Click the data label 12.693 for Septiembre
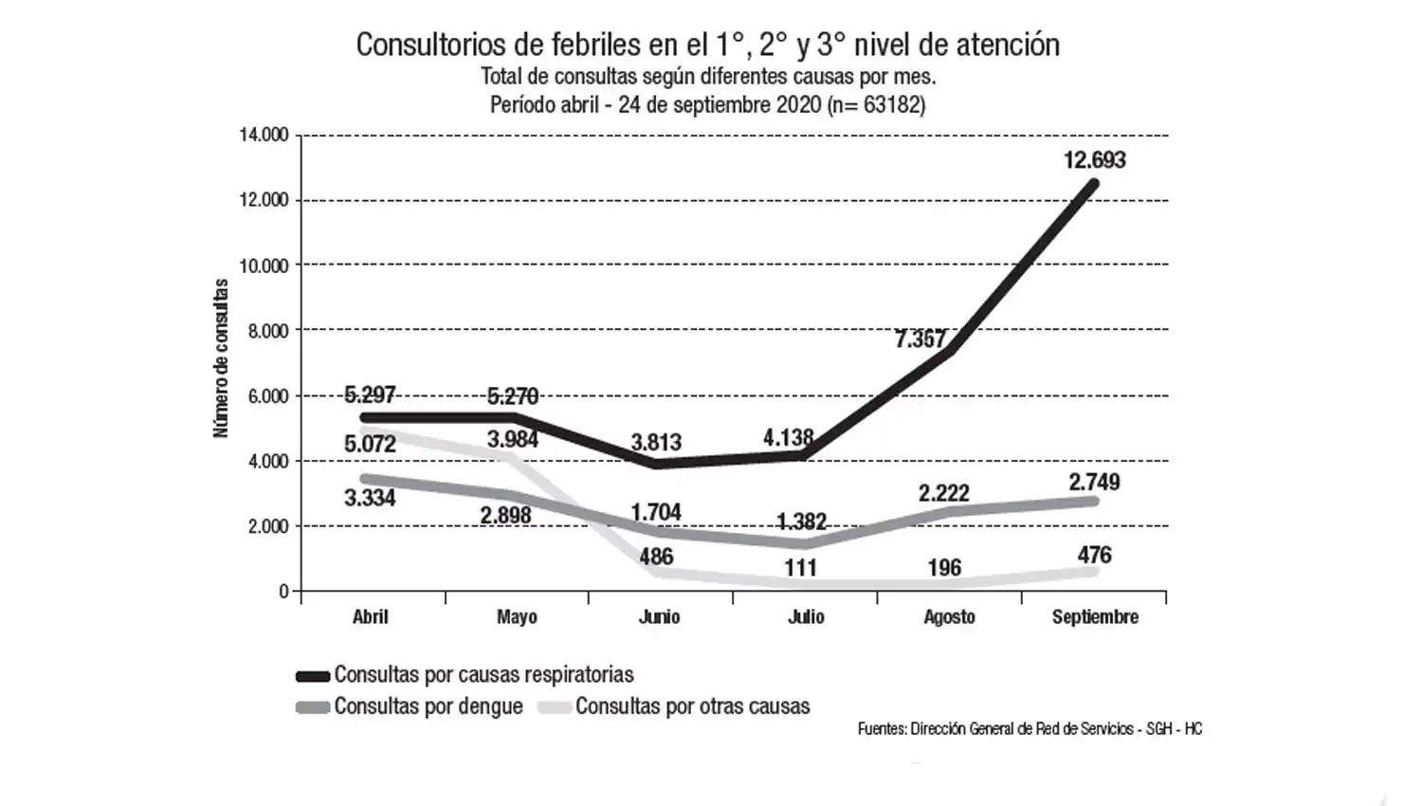(x=1094, y=160)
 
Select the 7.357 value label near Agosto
(x=920, y=339)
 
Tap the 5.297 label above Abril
(x=370, y=394)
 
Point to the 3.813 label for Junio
(x=656, y=443)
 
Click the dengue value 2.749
(x=1094, y=482)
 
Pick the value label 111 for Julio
(x=800, y=568)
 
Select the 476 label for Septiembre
(x=1094, y=556)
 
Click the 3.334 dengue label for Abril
(x=370, y=498)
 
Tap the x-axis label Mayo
(x=517, y=617)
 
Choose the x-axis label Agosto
(x=949, y=617)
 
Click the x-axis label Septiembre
(x=1095, y=617)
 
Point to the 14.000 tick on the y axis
(x=264, y=136)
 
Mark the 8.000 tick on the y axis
(x=268, y=331)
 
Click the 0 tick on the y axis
(x=283, y=591)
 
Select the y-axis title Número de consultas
(x=221, y=358)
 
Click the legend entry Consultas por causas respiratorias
(x=483, y=675)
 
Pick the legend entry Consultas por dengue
(x=428, y=706)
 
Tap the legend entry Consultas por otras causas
(x=692, y=706)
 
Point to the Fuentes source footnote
(x=1030, y=729)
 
